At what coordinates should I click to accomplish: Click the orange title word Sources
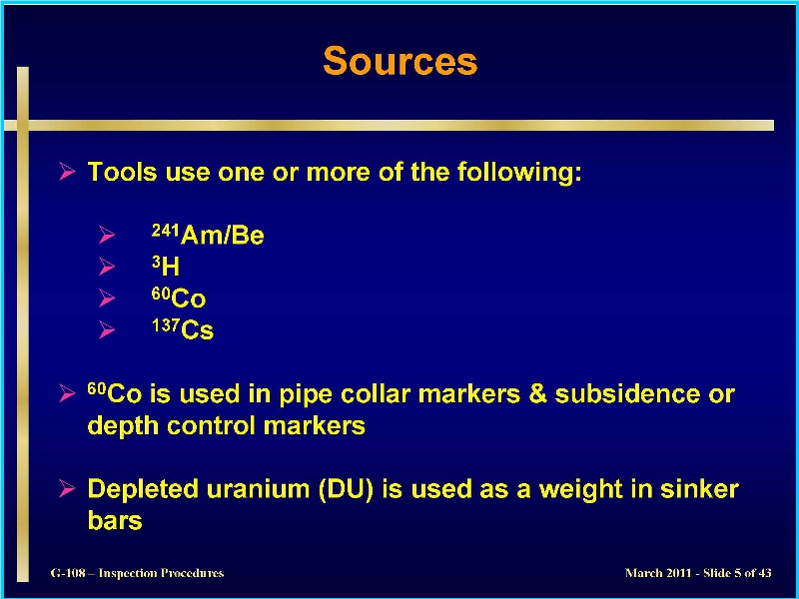400,61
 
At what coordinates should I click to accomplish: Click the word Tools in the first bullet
122,172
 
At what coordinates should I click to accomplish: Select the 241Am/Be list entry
208,235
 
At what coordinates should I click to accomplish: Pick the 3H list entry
166,266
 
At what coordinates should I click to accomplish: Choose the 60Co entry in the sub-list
179,298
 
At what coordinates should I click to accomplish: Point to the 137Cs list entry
183,329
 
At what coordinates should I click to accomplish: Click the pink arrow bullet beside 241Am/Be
107,235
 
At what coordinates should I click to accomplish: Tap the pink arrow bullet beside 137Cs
107,329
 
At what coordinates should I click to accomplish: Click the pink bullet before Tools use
67,171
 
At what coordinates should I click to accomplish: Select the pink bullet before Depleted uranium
67,488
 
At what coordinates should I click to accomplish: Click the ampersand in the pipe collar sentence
537,394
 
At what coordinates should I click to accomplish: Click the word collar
376,394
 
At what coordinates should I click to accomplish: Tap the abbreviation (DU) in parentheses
346,489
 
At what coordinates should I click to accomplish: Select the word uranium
259,489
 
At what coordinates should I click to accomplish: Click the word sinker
699,489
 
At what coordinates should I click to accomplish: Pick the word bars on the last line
115,520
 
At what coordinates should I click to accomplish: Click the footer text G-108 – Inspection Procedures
137,573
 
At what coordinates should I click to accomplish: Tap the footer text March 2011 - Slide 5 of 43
698,573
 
